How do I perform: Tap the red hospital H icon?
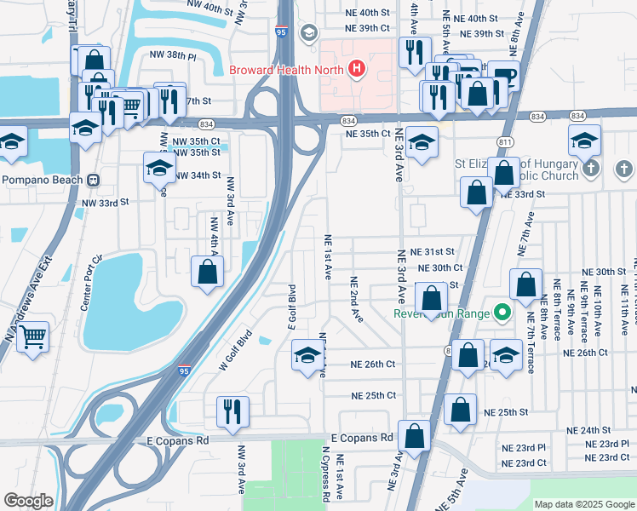click(357, 69)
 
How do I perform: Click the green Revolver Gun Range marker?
click(502, 313)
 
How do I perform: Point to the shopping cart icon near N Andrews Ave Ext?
click(32, 336)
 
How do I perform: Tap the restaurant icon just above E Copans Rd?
click(232, 411)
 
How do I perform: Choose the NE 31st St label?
click(432, 252)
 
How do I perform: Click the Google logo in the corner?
click(28, 501)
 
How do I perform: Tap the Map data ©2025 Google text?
click(583, 504)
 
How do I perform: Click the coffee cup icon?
click(503, 75)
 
